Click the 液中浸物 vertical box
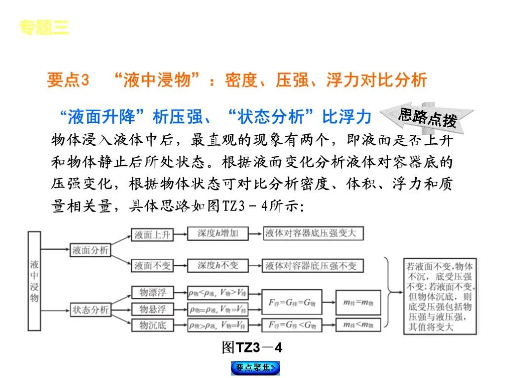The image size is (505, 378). click(x=35, y=281)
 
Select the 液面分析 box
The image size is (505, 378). click(x=90, y=250)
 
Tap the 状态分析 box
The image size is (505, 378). click(x=90, y=310)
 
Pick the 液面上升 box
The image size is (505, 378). click(x=152, y=235)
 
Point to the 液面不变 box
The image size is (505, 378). click(x=152, y=266)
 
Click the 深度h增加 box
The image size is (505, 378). click(x=217, y=233)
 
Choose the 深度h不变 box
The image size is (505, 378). click(x=217, y=265)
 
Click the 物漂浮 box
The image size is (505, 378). click(x=152, y=292)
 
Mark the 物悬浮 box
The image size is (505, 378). click(x=152, y=309)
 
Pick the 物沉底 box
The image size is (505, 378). click(x=152, y=325)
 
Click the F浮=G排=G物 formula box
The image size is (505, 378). click(x=291, y=301)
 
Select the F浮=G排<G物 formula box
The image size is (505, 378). click(x=291, y=324)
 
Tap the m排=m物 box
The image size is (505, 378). click(x=358, y=302)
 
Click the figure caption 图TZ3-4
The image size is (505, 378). click(x=252, y=347)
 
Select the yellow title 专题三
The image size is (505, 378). click(x=44, y=28)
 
